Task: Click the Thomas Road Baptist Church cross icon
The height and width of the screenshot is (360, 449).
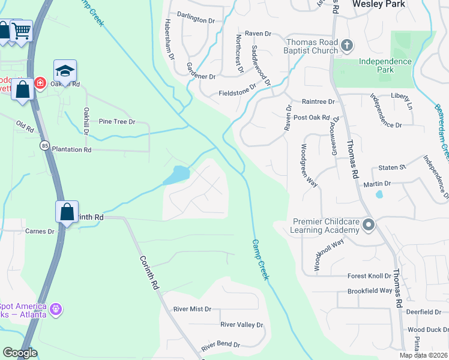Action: (346, 45)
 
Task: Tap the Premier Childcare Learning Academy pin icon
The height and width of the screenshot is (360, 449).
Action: (369, 226)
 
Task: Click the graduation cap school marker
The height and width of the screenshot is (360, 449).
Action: (65, 71)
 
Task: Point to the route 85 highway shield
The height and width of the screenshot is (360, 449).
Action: (45, 145)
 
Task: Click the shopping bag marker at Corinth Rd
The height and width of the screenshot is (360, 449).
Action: (67, 212)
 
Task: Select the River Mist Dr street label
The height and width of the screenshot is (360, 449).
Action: (192, 309)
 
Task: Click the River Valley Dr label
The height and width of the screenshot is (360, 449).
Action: (242, 325)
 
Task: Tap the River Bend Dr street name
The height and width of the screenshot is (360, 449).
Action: (220, 346)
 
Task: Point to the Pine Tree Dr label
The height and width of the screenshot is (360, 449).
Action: (117, 122)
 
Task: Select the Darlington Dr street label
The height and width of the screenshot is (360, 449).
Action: (196, 20)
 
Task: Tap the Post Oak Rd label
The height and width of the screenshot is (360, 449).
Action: (312, 118)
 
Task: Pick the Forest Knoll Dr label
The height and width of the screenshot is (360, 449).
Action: (369, 276)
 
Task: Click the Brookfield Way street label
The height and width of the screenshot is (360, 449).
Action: (370, 290)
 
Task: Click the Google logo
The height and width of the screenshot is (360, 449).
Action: (20, 353)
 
